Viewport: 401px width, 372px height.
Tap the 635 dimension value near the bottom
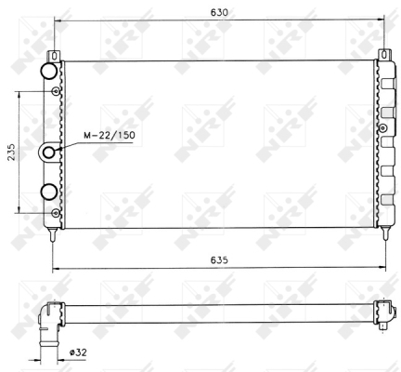[x=218, y=260]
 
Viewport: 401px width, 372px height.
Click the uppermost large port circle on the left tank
[x=48, y=72]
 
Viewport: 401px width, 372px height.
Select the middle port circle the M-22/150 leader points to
[x=48, y=152]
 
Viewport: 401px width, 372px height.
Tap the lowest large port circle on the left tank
[x=48, y=193]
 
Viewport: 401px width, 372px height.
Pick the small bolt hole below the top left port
[x=57, y=91]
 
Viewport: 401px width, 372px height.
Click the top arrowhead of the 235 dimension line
[x=20, y=94]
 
